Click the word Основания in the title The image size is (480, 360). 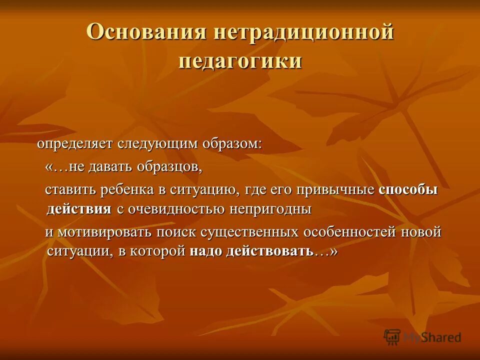pos(146,32)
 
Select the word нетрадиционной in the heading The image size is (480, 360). pos(304,32)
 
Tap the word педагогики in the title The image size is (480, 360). pos(240,61)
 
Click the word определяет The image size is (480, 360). pos(75,144)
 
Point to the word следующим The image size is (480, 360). pos(158,144)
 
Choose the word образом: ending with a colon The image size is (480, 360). pos(232,144)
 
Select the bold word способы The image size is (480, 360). pos(408,190)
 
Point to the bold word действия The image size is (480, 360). pos(79,209)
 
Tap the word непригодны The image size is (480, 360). pos(270,209)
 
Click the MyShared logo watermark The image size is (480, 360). pos(422,336)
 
